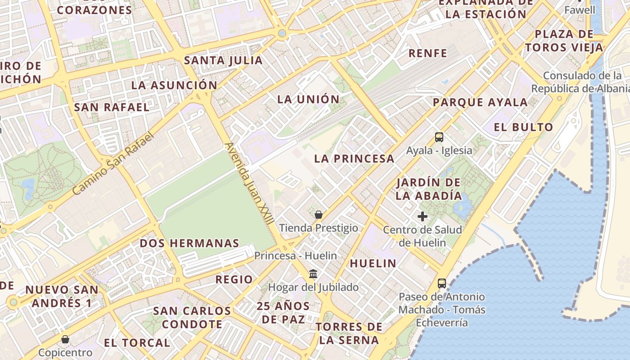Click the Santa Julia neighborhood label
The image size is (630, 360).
point(223,60)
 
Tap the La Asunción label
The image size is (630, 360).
point(174,85)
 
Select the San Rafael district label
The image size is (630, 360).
point(112,107)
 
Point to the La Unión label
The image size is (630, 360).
point(308,99)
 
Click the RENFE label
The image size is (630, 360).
point(428,53)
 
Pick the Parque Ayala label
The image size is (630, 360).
point(480,102)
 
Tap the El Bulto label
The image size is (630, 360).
point(523,127)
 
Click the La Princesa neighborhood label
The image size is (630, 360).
point(354,158)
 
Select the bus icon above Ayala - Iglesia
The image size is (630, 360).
point(439,137)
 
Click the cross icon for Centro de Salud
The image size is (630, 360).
point(422,216)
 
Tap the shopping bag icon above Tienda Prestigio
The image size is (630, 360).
point(319,215)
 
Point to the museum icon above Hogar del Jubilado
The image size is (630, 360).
point(313,274)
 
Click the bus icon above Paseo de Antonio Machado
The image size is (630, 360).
point(442,283)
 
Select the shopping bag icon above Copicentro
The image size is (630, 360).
point(65,339)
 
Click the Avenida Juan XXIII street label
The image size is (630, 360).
point(250,184)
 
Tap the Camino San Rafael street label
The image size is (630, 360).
point(113,163)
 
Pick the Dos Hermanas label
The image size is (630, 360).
point(189,243)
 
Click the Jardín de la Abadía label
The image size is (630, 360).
point(429,189)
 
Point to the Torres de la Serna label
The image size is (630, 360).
point(349,333)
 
